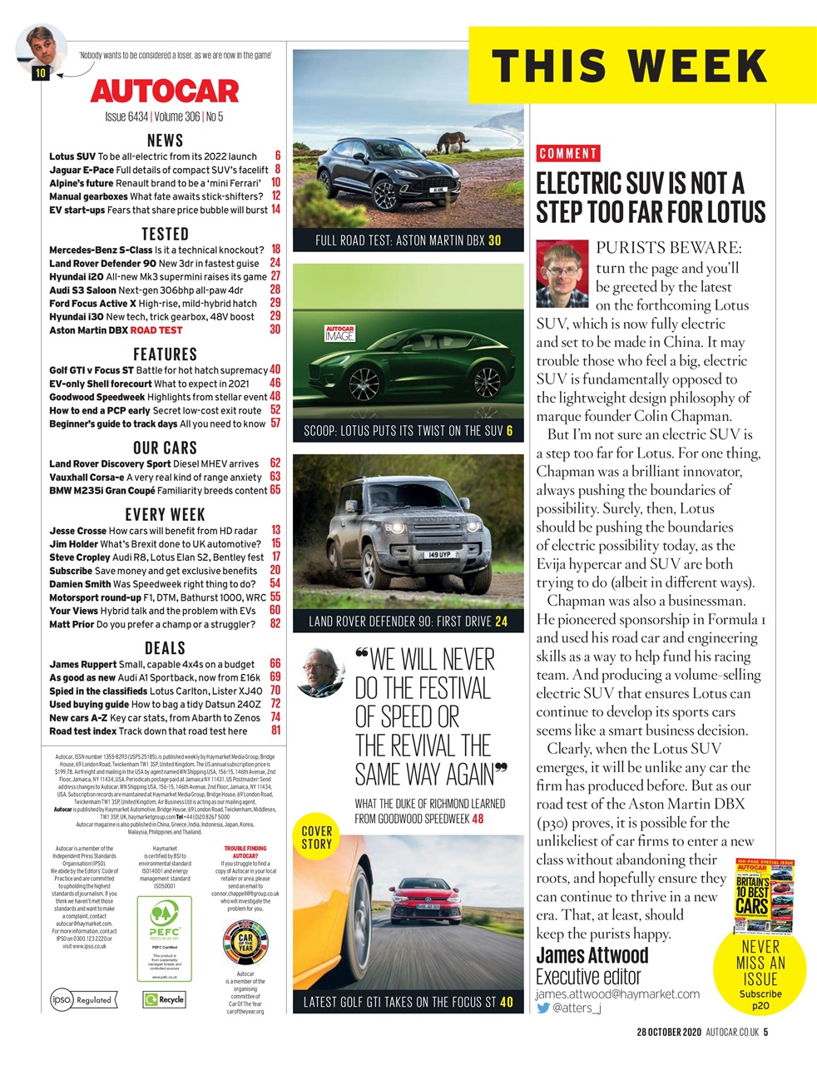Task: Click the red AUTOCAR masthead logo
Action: click(165, 90)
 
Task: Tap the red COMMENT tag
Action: click(568, 153)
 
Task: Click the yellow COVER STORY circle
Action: click(316, 837)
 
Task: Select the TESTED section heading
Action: click(165, 234)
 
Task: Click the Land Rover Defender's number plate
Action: click(439, 554)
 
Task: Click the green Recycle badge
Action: click(164, 999)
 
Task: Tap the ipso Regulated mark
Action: click(82, 999)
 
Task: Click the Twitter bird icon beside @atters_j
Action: click(543, 1008)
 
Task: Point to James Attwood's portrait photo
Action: click(562, 274)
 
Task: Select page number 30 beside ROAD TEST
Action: click(275, 329)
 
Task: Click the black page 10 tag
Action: click(41, 72)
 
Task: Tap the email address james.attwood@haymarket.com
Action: click(617, 993)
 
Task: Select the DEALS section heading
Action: click(165, 647)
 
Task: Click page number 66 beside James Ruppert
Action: click(275, 664)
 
